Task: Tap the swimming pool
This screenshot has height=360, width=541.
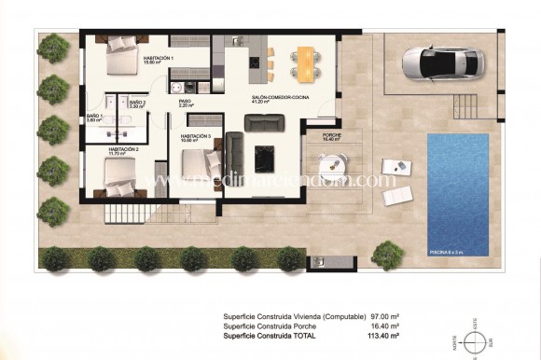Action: (457, 194)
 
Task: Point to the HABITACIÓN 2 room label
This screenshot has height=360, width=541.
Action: (123, 150)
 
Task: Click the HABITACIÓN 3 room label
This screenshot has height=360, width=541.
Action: (195, 137)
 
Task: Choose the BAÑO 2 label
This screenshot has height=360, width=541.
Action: (137, 104)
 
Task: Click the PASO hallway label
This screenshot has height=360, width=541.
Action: (186, 104)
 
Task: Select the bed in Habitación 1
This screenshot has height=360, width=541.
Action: (119, 58)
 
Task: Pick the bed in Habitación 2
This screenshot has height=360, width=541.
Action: (119, 174)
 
